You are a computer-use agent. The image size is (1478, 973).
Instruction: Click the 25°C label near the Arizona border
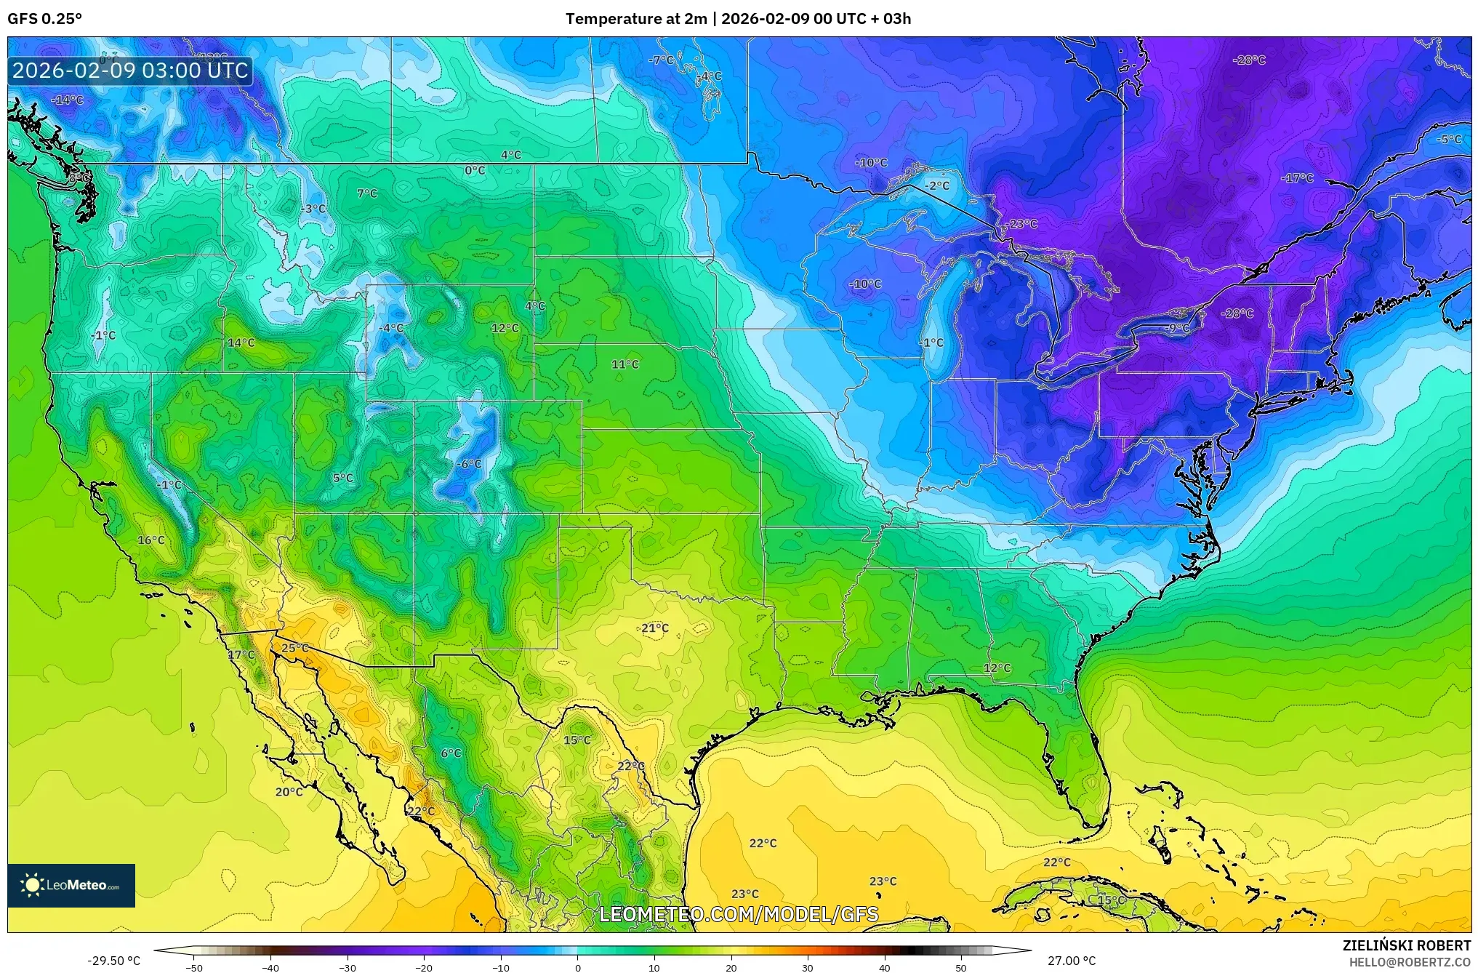click(294, 648)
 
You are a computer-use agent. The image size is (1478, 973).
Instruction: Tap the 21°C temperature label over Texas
click(655, 628)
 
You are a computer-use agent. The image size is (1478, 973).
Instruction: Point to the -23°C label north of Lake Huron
click(1023, 224)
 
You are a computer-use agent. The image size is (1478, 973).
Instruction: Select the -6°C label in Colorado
click(469, 464)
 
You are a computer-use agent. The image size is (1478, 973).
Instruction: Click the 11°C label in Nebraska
click(625, 364)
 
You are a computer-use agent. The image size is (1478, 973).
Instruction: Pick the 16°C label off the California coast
click(151, 540)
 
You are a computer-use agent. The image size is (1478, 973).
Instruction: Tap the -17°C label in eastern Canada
click(1298, 178)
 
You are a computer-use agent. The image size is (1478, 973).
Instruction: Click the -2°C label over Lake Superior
click(937, 185)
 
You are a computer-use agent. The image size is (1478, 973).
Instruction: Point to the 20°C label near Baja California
click(289, 792)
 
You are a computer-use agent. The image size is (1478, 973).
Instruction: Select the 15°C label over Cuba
click(1111, 900)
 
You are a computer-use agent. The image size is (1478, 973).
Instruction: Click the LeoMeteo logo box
click(71, 885)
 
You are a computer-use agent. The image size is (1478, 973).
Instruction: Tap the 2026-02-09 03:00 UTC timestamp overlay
click(131, 71)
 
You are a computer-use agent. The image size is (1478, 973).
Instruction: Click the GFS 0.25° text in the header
click(45, 19)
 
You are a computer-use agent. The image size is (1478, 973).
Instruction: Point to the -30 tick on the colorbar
click(348, 967)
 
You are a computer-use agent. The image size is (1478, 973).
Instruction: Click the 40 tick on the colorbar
click(884, 967)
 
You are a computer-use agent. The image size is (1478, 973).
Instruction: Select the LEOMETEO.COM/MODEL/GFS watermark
click(739, 914)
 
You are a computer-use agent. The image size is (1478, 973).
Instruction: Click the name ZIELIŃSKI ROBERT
click(1407, 946)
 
